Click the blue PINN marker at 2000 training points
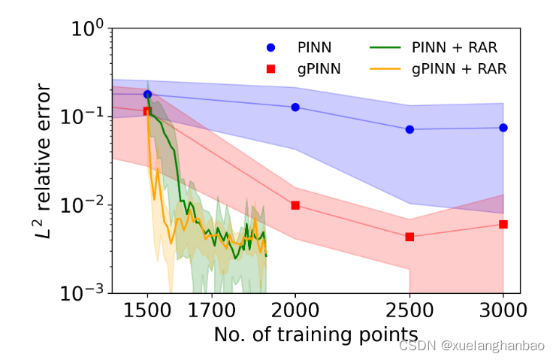click(x=295, y=107)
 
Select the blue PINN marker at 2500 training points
click(x=409, y=129)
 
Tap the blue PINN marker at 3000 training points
click(x=503, y=128)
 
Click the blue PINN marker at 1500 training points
click(x=148, y=95)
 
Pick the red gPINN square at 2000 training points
click(x=295, y=205)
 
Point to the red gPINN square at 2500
click(x=409, y=237)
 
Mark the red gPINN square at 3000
click(x=503, y=224)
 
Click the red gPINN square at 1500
click(x=148, y=111)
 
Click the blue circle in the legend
click(x=272, y=48)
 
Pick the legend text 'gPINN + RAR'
click(x=459, y=68)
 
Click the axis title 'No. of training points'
click(x=316, y=333)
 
